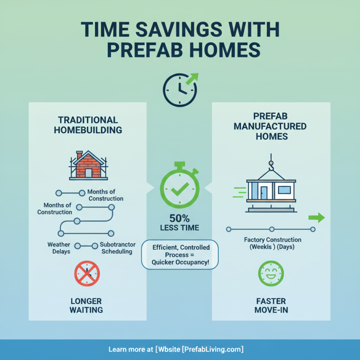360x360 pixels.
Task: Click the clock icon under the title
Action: pos(179,89)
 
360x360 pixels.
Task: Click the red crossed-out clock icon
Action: pos(86,274)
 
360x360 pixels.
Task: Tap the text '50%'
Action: pos(179,218)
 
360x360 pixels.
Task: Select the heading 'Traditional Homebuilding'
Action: pos(88,125)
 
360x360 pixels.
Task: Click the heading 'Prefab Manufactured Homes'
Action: pos(271,126)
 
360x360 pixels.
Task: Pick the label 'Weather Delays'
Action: pos(58,248)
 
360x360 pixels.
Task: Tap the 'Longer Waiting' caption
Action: pos(86,305)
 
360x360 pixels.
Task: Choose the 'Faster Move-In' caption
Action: pos(271,305)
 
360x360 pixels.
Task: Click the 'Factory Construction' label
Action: pos(272,240)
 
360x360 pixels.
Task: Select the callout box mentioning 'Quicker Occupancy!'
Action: pos(180,254)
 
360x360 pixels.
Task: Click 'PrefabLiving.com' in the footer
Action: pos(212,349)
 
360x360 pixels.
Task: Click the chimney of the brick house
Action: pos(80,155)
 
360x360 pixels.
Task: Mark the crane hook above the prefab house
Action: pos(271,167)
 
